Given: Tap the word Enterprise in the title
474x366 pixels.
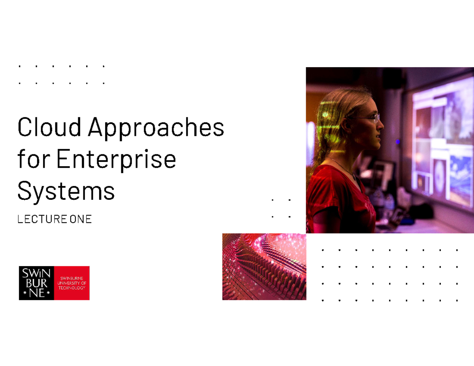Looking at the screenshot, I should tap(117, 160).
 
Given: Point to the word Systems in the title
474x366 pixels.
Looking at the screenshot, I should tap(66, 191).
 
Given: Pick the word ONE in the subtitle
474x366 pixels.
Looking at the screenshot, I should tap(80, 220).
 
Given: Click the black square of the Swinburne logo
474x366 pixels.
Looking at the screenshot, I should tap(36, 283).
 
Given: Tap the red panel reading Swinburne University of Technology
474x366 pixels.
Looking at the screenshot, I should tap(71, 283).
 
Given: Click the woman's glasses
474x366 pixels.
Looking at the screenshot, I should tap(369, 117).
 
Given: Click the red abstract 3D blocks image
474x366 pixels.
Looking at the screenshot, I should tap(264, 267).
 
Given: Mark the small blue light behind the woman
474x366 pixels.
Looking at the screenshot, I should tap(398, 141).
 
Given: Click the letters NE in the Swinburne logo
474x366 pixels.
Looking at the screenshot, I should tap(36, 293).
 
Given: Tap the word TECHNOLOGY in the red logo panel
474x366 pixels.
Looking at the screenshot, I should tap(71, 288).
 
